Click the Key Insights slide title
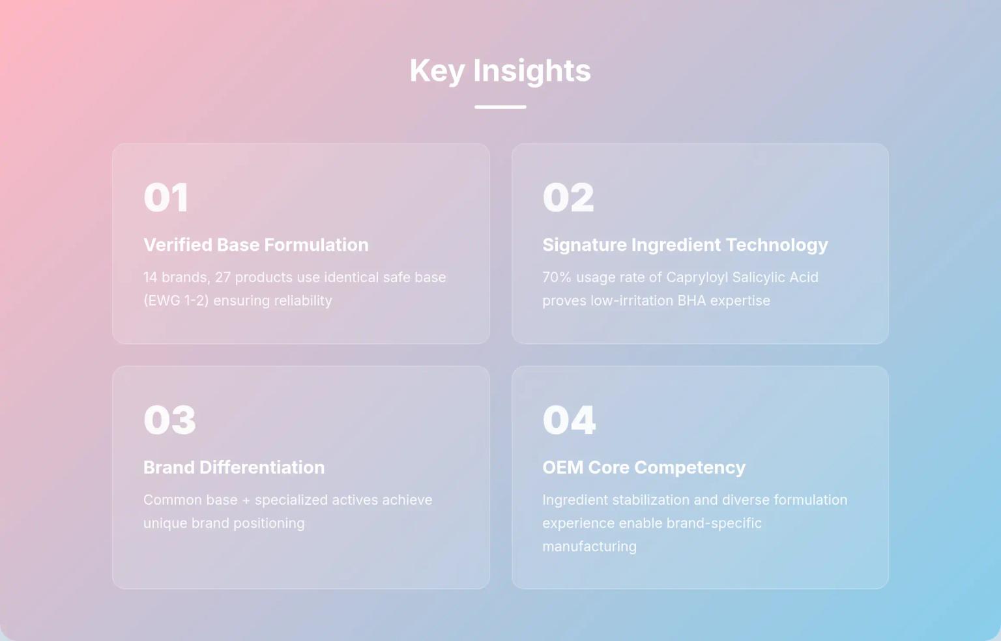(x=500, y=70)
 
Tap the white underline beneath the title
(x=500, y=107)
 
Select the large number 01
(x=166, y=197)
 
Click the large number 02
(x=568, y=197)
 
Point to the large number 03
(x=169, y=420)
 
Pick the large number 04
(x=569, y=420)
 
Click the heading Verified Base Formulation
(x=256, y=245)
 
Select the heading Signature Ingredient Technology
(x=685, y=245)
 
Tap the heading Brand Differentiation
(x=234, y=468)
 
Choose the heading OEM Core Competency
(x=644, y=468)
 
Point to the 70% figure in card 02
(x=557, y=278)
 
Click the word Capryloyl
(x=697, y=278)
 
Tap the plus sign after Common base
(x=246, y=500)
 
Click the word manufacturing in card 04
(x=589, y=547)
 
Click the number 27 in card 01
(x=223, y=278)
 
